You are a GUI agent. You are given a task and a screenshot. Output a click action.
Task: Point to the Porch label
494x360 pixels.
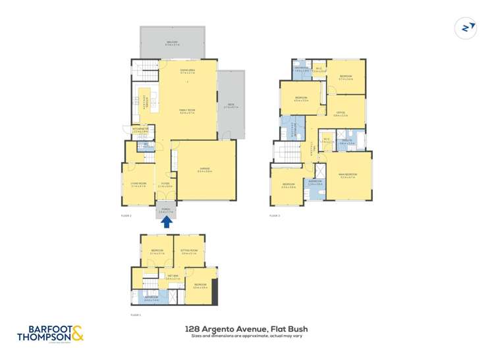point(166,211)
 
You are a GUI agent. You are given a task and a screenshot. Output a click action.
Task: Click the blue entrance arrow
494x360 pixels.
point(167,222)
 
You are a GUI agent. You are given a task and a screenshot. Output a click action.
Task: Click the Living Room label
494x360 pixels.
point(138,185)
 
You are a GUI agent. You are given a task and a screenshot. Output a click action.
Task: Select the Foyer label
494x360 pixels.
point(165,184)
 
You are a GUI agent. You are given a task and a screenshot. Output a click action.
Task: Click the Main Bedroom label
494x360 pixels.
point(346,175)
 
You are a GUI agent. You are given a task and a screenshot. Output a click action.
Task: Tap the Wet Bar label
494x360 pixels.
point(173,276)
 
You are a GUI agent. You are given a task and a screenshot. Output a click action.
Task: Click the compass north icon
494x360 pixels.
point(466,28)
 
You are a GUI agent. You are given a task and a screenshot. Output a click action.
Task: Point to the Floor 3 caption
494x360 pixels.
point(274,215)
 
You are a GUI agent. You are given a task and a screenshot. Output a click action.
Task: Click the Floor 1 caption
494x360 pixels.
point(136,315)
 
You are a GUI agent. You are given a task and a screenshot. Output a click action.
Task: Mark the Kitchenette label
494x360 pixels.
point(140,130)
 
